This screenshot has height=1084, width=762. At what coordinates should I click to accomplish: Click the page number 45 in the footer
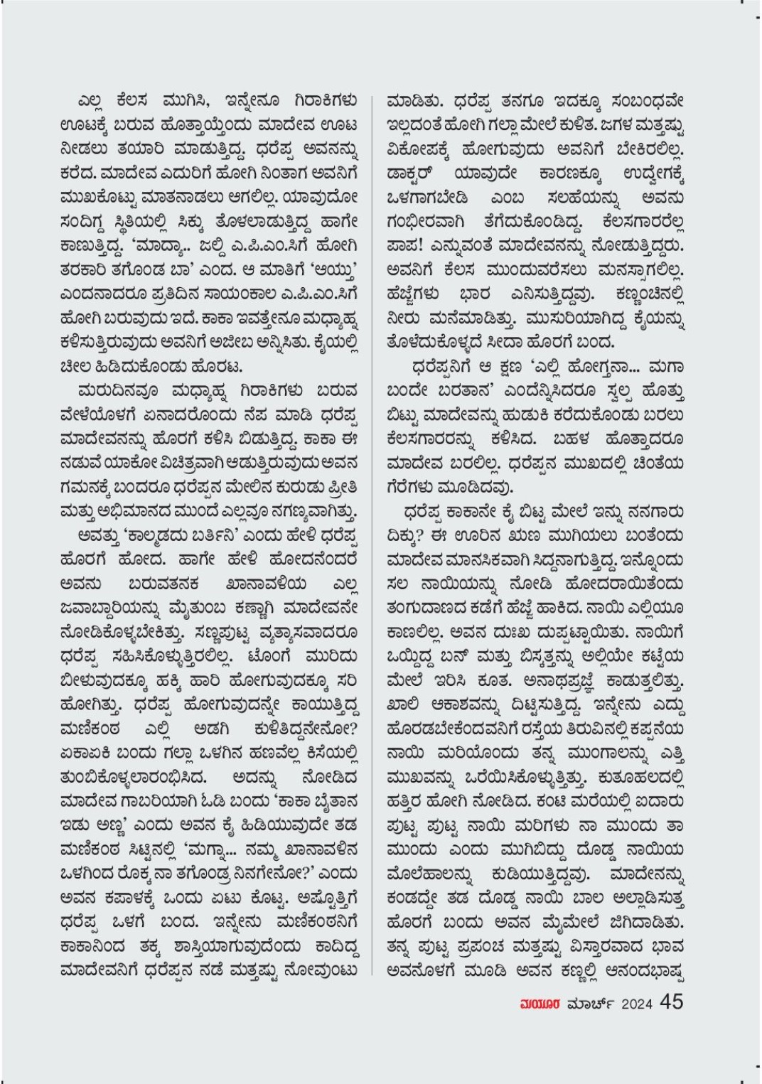(x=671, y=1003)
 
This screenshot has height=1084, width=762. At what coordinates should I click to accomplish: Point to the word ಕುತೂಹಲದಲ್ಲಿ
(x=640, y=778)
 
